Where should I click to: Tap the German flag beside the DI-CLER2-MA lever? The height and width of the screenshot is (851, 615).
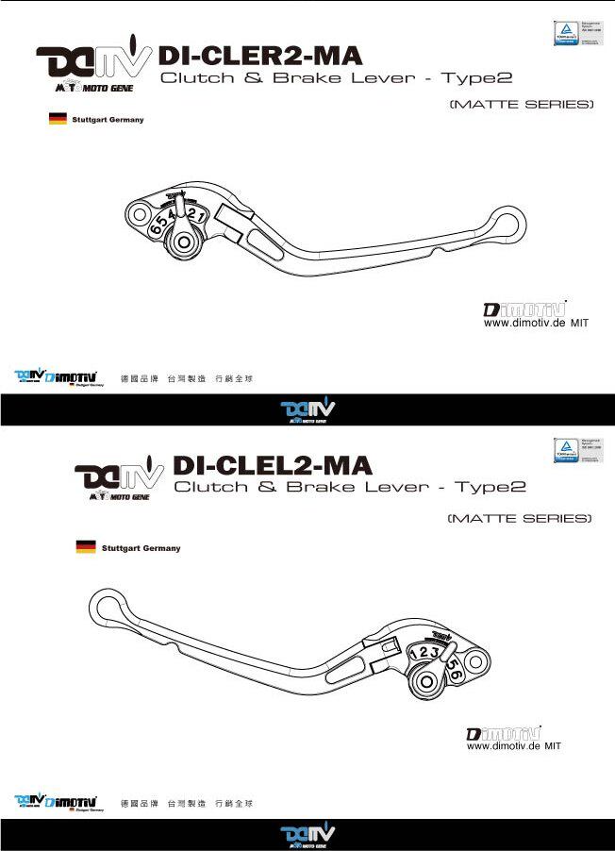(x=57, y=120)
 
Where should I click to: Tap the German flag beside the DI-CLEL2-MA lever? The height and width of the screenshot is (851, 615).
(x=86, y=547)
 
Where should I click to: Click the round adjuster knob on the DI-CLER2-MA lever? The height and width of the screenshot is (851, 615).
(x=184, y=243)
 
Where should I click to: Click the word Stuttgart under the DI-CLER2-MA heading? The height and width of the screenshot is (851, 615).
(x=91, y=121)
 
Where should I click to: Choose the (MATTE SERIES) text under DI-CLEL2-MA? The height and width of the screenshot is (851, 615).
(x=520, y=519)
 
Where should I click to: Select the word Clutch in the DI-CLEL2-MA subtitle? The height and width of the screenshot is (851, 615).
(x=208, y=488)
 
